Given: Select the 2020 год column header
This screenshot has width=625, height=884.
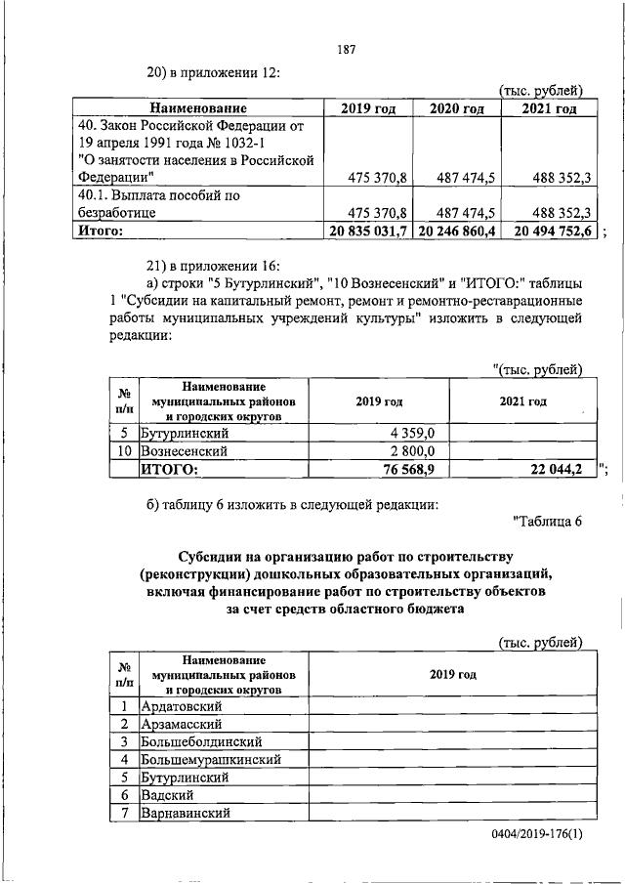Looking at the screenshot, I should click(x=457, y=108).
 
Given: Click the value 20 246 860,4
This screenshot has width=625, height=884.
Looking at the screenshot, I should click(x=457, y=231).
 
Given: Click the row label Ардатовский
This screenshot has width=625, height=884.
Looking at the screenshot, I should click(x=184, y=705).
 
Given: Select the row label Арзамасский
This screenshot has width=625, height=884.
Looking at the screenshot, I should click(x=182, y=724).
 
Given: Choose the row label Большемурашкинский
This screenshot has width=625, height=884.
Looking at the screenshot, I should click(x=212, y=759).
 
